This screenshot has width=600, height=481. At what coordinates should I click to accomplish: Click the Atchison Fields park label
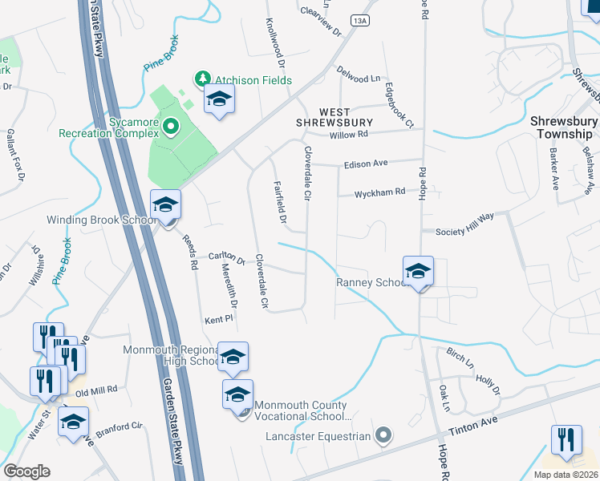(x=251, y=80)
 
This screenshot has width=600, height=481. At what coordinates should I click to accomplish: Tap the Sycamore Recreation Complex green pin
(x=169, y=126)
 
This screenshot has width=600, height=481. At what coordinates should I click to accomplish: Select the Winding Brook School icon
(x=166, y=206)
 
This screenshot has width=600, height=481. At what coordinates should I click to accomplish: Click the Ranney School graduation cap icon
(x=418, y=273)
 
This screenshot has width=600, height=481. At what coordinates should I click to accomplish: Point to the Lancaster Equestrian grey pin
(x=383, y=436)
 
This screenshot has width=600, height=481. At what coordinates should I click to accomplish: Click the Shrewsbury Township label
(x=564, y=127)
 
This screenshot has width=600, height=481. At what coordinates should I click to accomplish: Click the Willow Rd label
(x=348, y=135)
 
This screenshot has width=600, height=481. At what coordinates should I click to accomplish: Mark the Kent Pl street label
(x=217, y=318)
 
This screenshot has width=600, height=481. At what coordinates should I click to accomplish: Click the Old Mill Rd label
(x=96, y=390)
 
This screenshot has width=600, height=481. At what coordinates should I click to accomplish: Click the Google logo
(x=26, y=471)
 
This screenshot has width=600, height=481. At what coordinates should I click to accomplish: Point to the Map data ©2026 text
(x=566, y=475)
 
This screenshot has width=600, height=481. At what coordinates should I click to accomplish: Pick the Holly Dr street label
(x=487, y=385)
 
